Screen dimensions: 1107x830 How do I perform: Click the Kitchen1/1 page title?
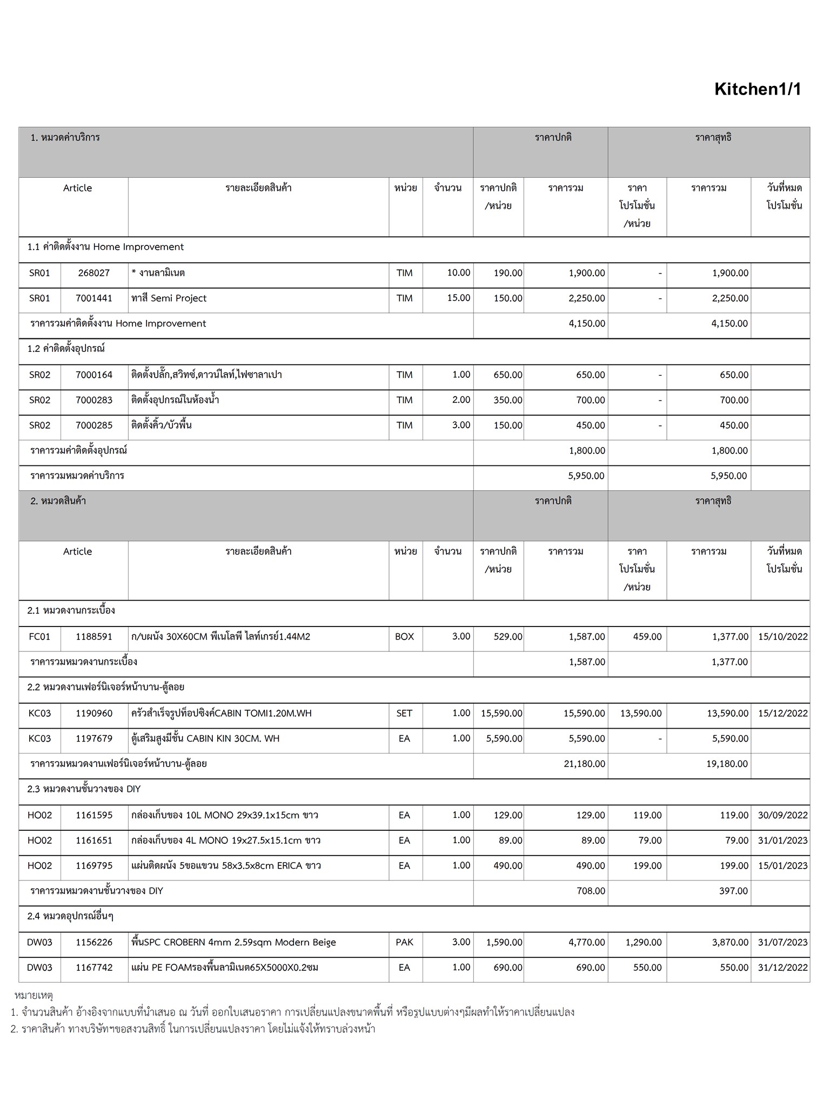pyautogui.click(x=758, y=89)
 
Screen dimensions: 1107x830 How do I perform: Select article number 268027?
pyautogui.click(x=94, y=273)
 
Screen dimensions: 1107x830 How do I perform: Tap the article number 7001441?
pyautogui.click(x=94, y=298)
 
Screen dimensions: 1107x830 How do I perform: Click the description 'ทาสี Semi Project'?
pyautogui.click(x=169, y=298)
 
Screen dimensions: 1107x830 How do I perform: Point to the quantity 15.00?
pyautogui.click(x=458, y=298)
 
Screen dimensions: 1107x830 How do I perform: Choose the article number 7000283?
pyautogui.click(x=94, y=400)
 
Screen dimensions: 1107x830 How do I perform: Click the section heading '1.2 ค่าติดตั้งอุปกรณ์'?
pyautogui.click(x=66, y=349)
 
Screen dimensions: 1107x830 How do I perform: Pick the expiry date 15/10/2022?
pyautogui.click(x=782, y=637)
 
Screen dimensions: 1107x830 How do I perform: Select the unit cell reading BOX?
pyautogui.click(x=404, y=637)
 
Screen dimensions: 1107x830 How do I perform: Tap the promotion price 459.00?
pyautogui.click(x=647, y=637)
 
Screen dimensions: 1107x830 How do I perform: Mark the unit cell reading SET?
pyautogui.click(x=404, y=713)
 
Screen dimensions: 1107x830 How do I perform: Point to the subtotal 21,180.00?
pyautogui.click(x=584, y=764)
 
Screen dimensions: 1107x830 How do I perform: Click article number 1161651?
pyautogui.click(x=94, y=841)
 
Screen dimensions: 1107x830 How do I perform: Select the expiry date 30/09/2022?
pyautogui.click(x=782, y=815)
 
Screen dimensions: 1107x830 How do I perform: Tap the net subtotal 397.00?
pyautogui.click(x=733, y=891)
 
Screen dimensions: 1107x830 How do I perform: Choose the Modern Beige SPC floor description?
pyautogui.click(x=234, y=942)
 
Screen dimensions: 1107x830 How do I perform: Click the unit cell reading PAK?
pyautogui.click(x=404, y=942)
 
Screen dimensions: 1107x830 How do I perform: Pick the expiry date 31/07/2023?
pyautogui.click(x=782, y=942)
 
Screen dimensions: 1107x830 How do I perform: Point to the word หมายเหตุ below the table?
pyautogui.click(x=34, y=995)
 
